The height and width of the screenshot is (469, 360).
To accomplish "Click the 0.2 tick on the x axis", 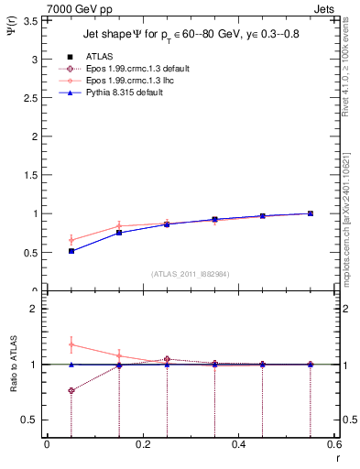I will click(x=142, y=445).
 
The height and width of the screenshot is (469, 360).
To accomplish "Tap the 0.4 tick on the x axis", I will click(x=239, y=445).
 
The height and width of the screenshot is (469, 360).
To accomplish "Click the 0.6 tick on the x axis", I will click(x=334, y=445).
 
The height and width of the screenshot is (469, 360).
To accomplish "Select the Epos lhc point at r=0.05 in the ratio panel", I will click(x=71, y=344).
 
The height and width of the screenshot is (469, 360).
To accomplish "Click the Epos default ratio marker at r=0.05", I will click(x=71, y=391).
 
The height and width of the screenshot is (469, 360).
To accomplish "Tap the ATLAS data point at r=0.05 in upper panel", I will click(x=71, y=251).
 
